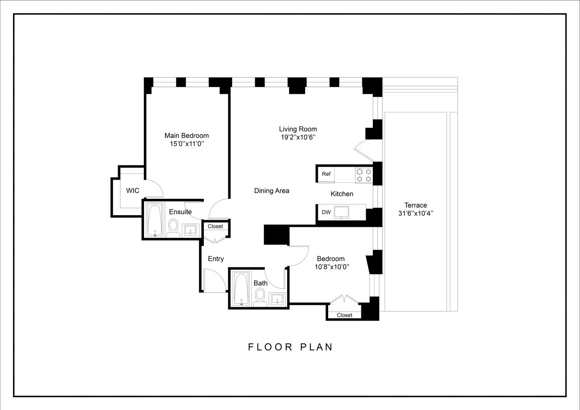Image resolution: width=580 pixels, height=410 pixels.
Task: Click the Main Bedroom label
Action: coord(186,135)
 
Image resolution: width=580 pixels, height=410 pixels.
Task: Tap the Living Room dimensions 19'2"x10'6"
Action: coord(298,137)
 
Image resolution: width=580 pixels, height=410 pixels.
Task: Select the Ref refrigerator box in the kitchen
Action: coord(326,174)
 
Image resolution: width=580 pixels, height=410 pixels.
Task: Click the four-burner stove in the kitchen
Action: coord(363,175)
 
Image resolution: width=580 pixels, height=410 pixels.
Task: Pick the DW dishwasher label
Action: coord(326,212)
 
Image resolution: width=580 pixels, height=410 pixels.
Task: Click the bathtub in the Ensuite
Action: coord(155,221)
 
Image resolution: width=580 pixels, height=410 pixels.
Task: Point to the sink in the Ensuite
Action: coord(190,230)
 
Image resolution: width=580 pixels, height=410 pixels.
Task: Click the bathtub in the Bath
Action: coord(241,289)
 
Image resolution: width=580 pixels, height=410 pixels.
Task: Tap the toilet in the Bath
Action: coord(260,297)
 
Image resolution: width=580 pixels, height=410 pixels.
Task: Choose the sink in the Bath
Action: coord(278,299)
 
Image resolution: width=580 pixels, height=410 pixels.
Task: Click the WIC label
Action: coord(132,191)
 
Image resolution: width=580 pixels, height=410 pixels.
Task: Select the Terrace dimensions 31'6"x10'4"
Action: coord(416,213)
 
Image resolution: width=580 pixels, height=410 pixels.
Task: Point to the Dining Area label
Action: coord(272,191)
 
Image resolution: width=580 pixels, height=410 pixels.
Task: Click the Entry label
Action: coord(216,259)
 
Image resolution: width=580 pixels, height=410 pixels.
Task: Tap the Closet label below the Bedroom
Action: coord(344,315)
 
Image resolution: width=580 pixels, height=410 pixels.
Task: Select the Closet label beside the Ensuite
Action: coord(215,226)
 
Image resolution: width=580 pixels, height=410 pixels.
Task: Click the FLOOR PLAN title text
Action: coord(290,347)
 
